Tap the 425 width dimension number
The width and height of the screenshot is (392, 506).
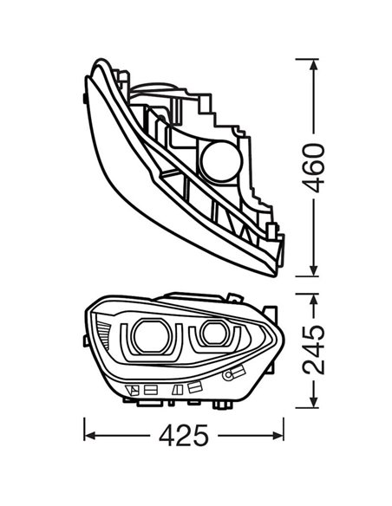pos(185,435)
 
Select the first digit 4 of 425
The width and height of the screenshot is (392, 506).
pos(161,435)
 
